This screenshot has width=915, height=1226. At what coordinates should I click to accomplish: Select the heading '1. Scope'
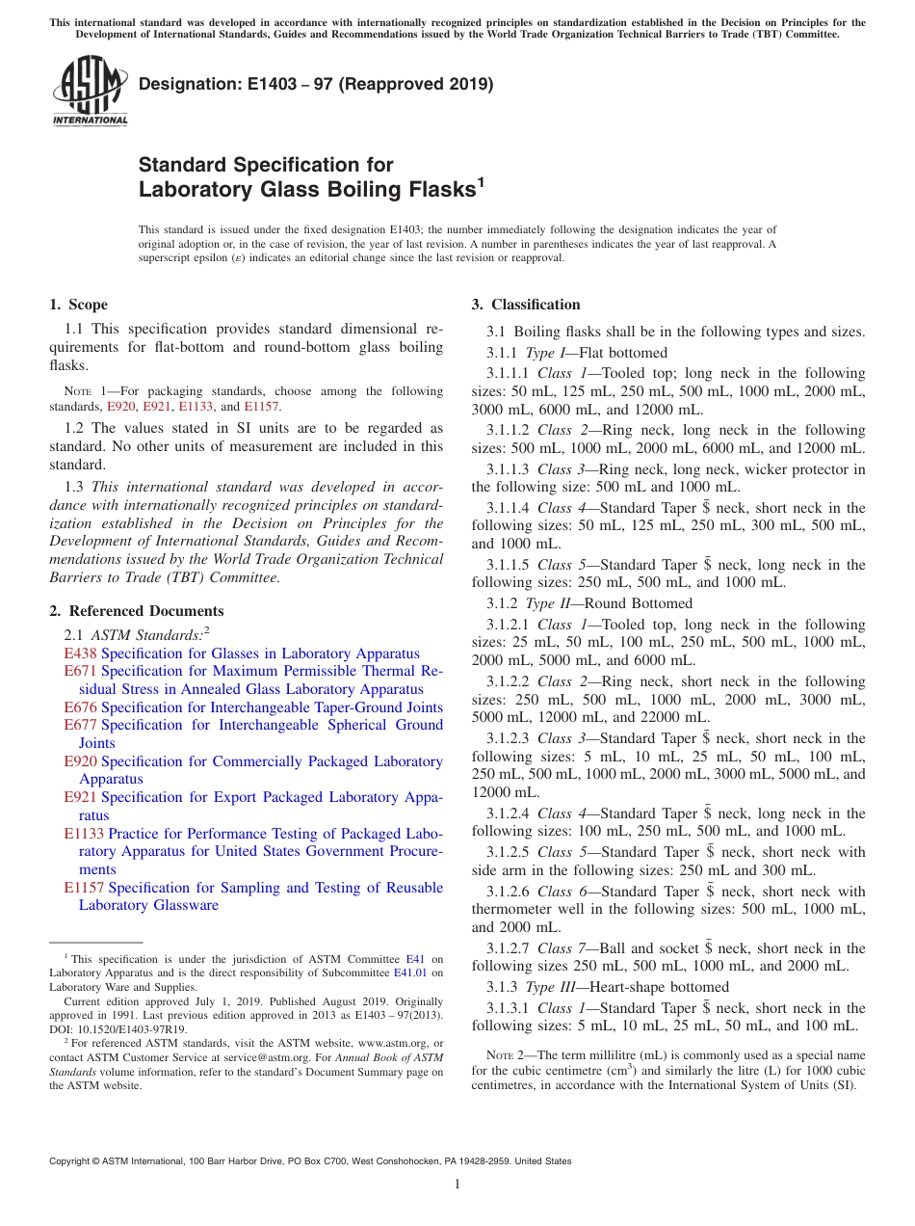coord(78,305)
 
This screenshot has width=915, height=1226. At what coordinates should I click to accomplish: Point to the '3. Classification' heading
coord(526,305)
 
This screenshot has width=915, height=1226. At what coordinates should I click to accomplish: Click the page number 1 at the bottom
coord(457,1185)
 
